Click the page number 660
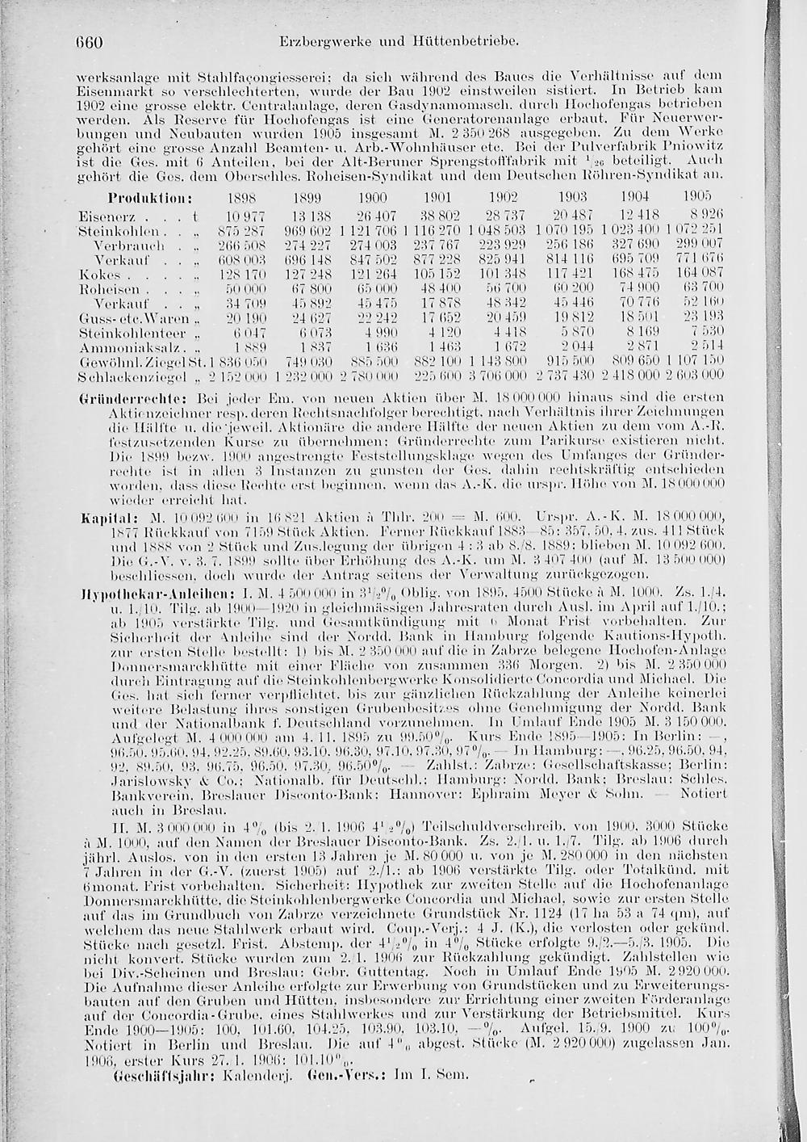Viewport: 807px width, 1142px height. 94,39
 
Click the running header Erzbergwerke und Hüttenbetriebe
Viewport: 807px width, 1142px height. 395,39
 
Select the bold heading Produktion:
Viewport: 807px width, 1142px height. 149,197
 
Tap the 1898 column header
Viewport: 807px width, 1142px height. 240,198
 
